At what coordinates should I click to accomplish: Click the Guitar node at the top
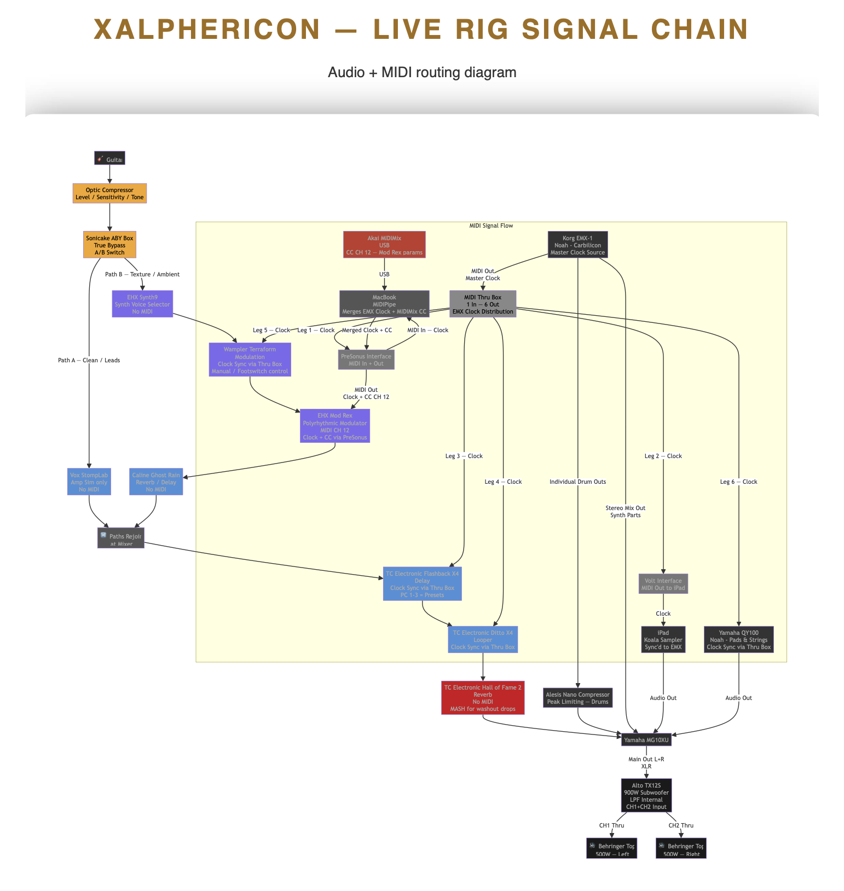pos(109,158)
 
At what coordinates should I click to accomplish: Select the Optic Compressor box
pos(109,194)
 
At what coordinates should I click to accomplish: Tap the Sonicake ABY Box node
pos(109,245)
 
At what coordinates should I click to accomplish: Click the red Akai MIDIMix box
pos(384,245)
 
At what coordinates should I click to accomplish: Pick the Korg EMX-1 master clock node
pos(577,245)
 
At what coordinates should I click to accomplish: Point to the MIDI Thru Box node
pos(483,304)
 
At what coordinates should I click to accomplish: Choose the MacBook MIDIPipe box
pos(384,304)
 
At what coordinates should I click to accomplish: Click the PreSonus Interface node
pos(366,360)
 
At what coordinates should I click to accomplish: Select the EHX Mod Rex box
pos(335,426)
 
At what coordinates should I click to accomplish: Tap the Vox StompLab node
pos(89,482)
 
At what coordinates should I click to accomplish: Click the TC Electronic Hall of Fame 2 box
pos(483,698)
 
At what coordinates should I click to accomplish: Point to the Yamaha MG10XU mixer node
pos(646,740)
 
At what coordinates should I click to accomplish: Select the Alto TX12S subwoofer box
pos(646,796)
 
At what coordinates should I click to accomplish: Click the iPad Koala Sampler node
pos(663,640)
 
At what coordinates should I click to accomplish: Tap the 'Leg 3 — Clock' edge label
pos(464,456)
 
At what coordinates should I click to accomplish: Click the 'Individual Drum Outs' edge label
pos(577,482)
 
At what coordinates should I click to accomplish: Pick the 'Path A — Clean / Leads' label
pos(89,360)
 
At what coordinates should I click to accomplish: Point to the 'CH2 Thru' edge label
pos(681,825)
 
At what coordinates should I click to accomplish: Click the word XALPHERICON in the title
pos(207,30)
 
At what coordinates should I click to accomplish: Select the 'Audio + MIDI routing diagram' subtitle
pos(422,72)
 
